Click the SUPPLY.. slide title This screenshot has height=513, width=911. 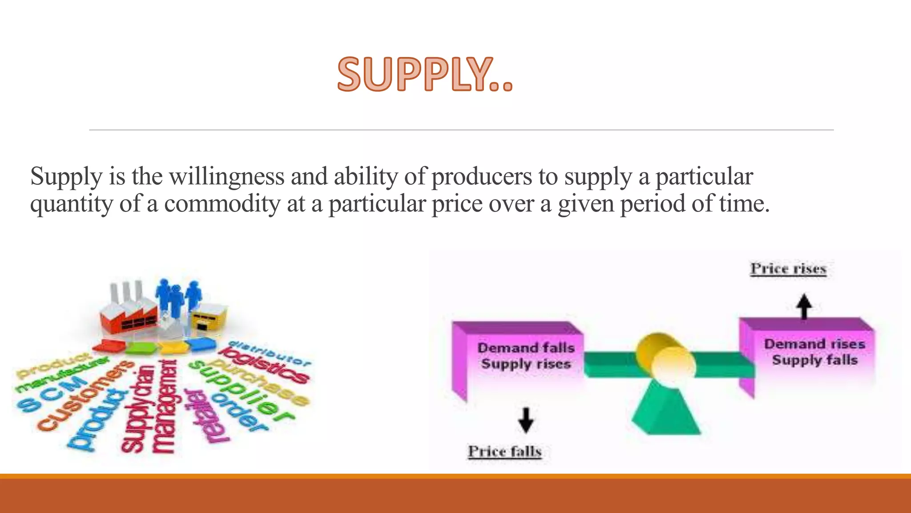tap(425, 74)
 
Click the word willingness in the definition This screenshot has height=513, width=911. tap(227, 176)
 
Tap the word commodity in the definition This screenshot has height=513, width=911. tap(222, 204)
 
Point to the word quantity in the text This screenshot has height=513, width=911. tap(72, 205)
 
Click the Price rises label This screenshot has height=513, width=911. tap(788, 269)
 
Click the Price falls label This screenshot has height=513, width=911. tap(504, 452)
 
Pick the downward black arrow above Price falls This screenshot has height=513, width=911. tap(526, 419)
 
